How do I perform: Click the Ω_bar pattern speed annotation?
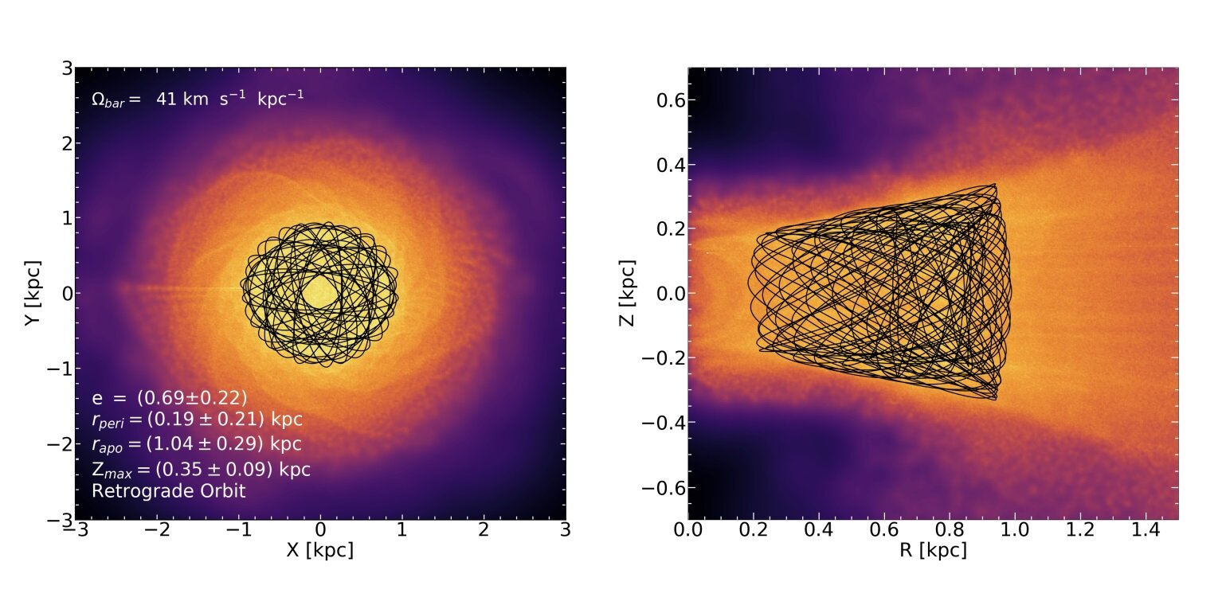[x=198, y=100]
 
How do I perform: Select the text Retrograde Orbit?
[x=169, y=491]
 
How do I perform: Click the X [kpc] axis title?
[x=319, y=550]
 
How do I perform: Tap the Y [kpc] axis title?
[x=33, y=294]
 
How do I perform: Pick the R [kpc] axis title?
[x=933, y=550]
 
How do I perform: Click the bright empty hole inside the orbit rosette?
[x=319, y=291]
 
